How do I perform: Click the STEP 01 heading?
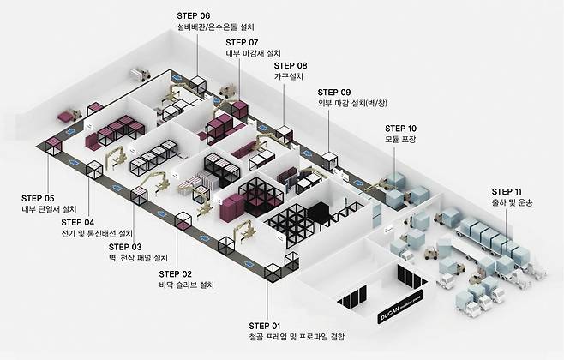(266, 326)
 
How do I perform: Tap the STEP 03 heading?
(126, 247)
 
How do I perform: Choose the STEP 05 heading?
(38, 197)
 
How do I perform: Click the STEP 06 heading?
(194, 15)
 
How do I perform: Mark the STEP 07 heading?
(243, 41)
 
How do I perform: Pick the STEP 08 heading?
(291, 65)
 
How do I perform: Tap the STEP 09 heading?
(334, 92)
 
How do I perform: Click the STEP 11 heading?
(509, 192)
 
